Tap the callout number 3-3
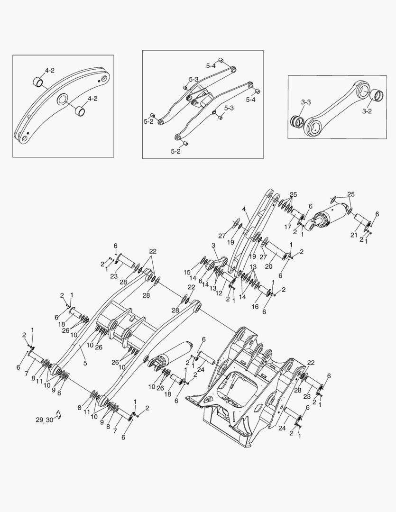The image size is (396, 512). pos(305,102)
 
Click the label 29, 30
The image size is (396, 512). pos(45,420)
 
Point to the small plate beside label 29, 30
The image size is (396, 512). pos(58,413)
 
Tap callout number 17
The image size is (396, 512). pos(287,227)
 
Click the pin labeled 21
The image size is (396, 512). pos(363,221)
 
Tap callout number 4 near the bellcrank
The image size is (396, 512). pos(244,209)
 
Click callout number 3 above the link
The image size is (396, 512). pos(213,245)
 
